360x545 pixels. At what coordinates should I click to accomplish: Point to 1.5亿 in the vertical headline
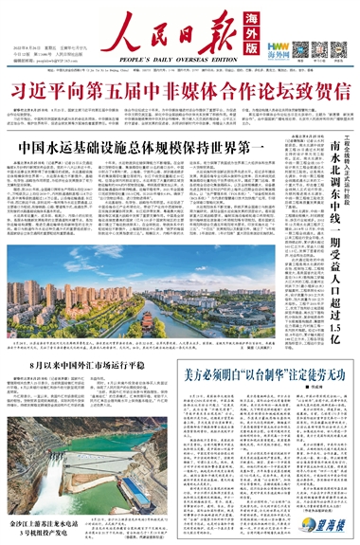click(x=334, y=345)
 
